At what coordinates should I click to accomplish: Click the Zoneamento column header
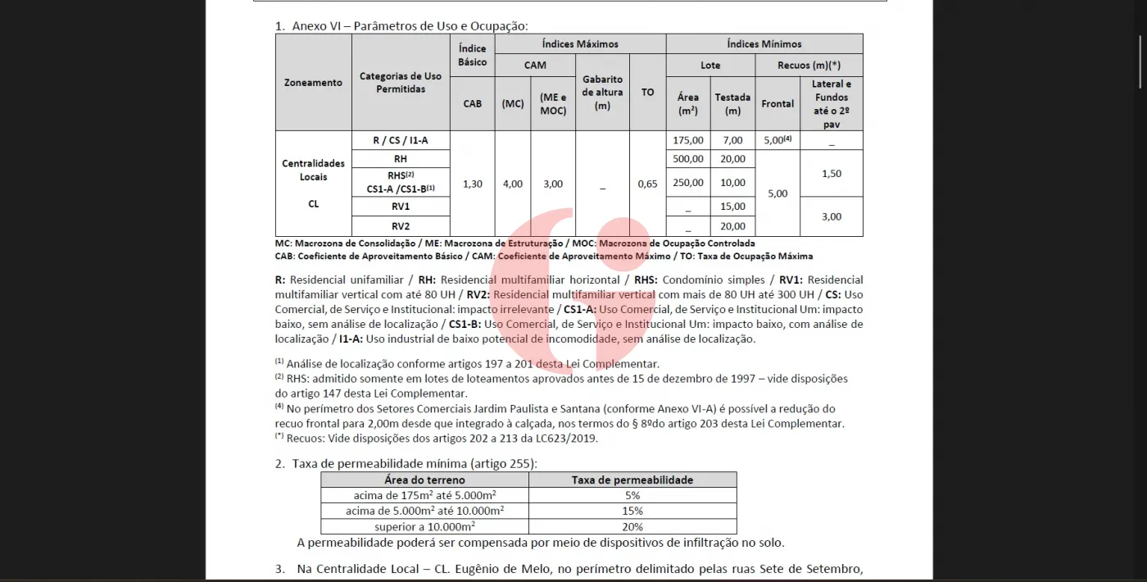[313, 83]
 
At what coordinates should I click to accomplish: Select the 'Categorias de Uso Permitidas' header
[401, 83]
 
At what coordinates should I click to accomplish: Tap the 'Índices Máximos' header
[580, 44]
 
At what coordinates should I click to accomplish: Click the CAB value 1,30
[473, 184]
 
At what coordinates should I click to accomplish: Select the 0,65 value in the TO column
[647, 184]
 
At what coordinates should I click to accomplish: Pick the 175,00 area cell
[688, 140]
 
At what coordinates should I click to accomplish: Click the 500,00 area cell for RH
[688, 159]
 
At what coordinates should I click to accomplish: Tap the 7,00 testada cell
[732, 140]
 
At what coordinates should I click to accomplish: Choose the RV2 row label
[401, 226]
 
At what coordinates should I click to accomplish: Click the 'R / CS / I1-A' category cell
[401, 140]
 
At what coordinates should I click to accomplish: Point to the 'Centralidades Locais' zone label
[313, 170]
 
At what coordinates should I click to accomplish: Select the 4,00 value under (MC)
[512, 184]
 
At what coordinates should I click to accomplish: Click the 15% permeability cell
[632, 511]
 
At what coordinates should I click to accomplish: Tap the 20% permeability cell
[632, 526]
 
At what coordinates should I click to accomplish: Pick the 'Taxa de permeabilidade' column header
[632, 480]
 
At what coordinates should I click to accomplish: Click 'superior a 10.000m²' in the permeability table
[424, 526]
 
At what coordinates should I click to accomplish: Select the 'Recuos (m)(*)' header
[809, 65]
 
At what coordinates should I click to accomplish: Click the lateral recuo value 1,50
[832, 174]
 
